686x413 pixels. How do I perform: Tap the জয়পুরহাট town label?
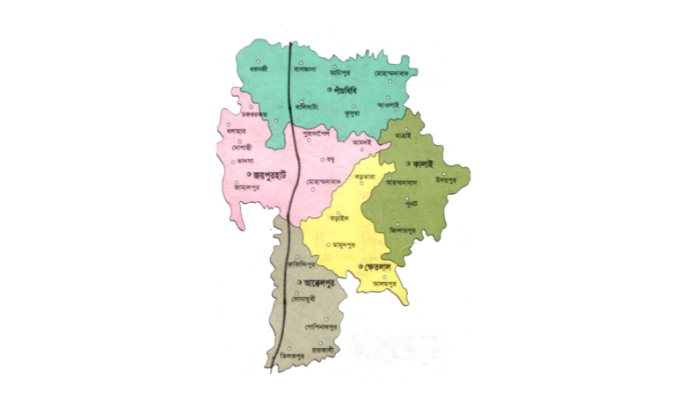tap(250, 173)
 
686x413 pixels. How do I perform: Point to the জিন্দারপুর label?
tap(411, 231)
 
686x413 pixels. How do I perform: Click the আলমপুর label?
tap(386, 283)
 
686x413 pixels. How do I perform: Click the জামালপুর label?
tap(250, 185)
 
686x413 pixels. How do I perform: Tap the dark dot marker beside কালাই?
tap(408, 164)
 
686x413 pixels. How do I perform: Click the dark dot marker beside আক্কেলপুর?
tap(301, 283)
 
